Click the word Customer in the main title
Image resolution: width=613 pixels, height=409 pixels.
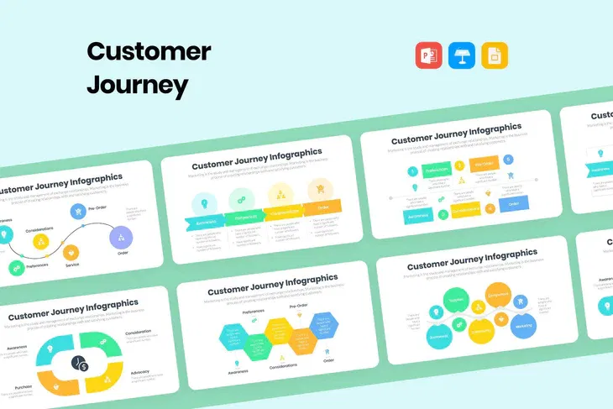(149, 51)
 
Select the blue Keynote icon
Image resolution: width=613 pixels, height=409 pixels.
(461, 55)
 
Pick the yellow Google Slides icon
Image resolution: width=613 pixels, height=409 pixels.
(494, 55)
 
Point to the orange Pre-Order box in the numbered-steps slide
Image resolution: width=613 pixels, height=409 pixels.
(482, 163)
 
